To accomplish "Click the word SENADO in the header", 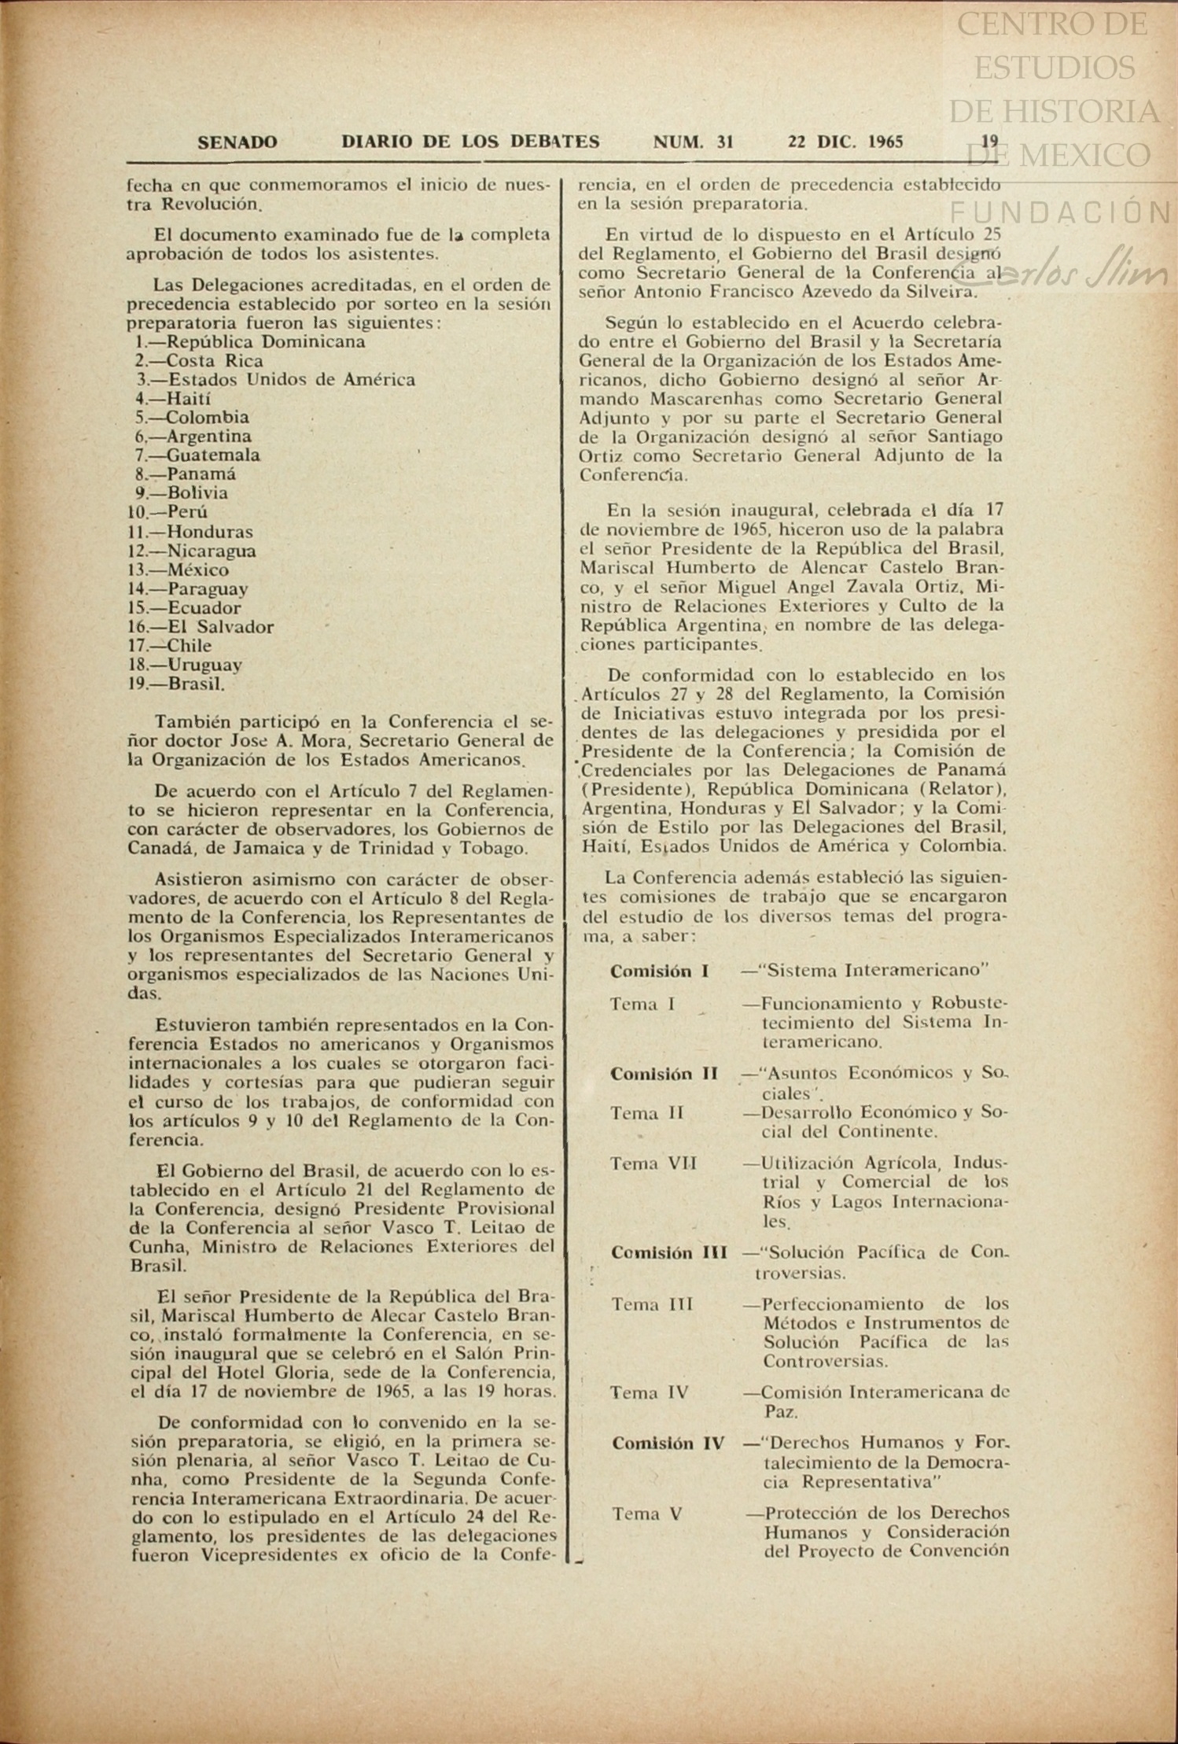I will tap(237, 142).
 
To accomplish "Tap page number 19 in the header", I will tap(989, 142).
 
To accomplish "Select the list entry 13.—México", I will tap(179, 570).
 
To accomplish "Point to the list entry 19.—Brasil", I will tap(177, 684).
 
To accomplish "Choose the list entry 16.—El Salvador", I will tap(201, 627).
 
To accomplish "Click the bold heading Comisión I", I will tap(659, 971).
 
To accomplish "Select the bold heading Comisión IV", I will tap(668, 1443).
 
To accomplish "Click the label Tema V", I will tap(646, 1513).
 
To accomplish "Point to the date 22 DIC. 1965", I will tap(845, 142).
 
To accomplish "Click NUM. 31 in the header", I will tap(693, 142).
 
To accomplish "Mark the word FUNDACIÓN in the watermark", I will tap(1061, 211).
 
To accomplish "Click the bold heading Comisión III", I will tap(668, 1252).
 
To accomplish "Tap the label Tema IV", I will tap(650, 1392).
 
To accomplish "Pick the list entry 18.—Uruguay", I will tap(185, 665).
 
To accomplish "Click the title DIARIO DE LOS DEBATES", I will tap(470, 142).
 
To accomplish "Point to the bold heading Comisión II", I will tap(664, 1073).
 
